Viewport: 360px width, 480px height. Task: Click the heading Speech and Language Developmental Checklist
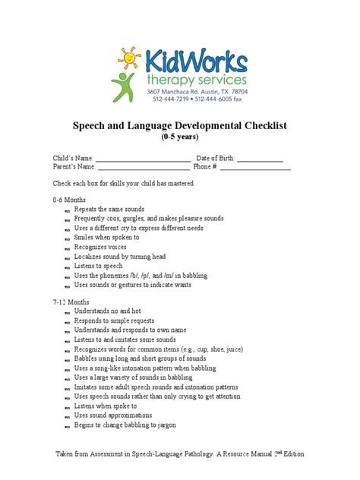coord(179,125)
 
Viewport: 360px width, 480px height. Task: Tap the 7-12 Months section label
coord(71,302)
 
